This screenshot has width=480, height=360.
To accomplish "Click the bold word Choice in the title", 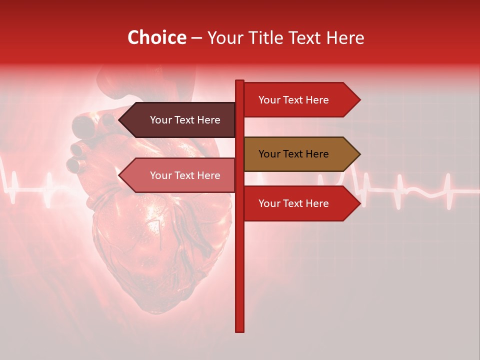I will click(x=156, y=38).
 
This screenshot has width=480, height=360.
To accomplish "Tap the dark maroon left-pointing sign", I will click(x=180, y=120).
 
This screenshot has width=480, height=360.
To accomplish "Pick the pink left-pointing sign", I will click(x=180, y=175).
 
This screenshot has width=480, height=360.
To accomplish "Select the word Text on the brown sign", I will click(x=293, y=154).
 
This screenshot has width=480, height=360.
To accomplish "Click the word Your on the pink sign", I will click(x=161, y=175).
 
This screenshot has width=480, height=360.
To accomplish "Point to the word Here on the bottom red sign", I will click(x=316, y=203).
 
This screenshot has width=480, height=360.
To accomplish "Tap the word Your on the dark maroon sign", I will click(x=161, y=120).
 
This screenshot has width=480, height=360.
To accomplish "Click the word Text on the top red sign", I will click(x=293, y=100).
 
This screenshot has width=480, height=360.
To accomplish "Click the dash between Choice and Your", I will click(x=196, y=38).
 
